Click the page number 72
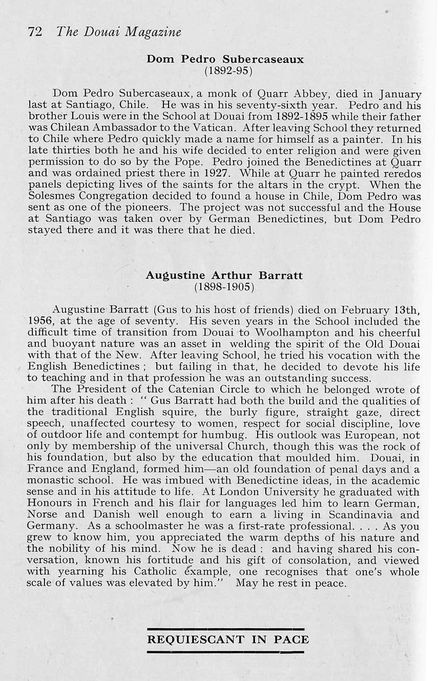click(35, 32)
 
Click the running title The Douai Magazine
click(119, 32)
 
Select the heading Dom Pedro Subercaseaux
click(225, 59)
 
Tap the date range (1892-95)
click(225, 70)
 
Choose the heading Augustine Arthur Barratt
click(224, 276)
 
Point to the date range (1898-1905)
click(225, 286)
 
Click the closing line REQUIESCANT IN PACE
click(228, 639)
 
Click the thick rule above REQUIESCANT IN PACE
click(225, 629)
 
